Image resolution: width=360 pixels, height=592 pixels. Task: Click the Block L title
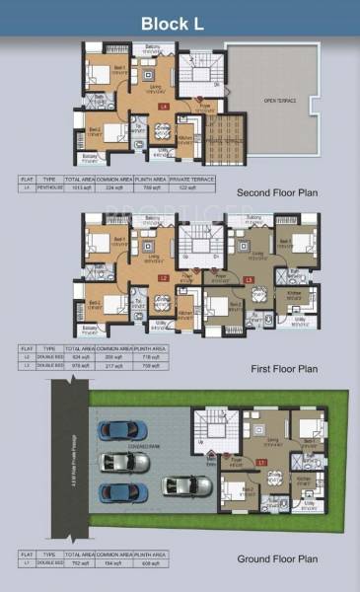180,22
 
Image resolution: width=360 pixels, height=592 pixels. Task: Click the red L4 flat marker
164,105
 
